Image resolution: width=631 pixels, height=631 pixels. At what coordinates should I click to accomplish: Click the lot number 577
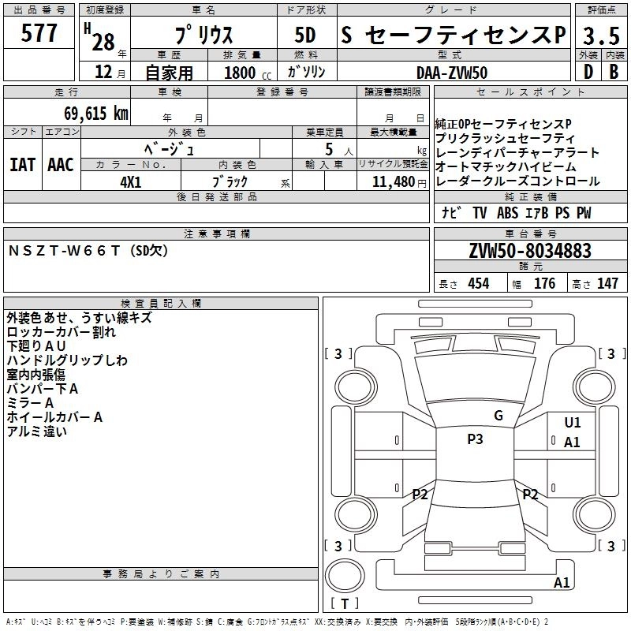[x=39, y=34]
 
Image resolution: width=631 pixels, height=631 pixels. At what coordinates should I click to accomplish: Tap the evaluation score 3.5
[x=599, y=35]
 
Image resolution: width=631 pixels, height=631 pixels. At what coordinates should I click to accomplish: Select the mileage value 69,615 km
[x=91, y=114]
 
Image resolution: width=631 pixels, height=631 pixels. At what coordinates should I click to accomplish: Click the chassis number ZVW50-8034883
[x=529, y=252]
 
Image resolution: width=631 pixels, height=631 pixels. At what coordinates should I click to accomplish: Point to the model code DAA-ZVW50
[x=452, y=73]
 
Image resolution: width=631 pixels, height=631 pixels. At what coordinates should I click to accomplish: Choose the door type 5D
[x=305, y=35]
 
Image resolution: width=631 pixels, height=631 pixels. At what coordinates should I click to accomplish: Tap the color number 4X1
[x=130, y=181]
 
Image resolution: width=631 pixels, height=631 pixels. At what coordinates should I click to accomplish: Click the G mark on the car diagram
[x=498, y=416]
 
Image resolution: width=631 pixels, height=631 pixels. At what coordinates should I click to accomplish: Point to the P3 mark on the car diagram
[x=474, y=439]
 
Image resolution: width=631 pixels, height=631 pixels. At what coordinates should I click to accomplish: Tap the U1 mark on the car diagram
[x=572, y=423]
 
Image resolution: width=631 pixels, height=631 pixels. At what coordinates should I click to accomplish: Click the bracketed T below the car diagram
[x=344, y=604]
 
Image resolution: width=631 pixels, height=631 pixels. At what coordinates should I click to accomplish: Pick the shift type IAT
[x=22, y=165]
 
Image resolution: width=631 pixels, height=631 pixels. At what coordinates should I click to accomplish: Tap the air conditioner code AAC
[x=60, y=165]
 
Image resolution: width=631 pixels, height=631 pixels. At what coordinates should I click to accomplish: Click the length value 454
[x=478, y=284]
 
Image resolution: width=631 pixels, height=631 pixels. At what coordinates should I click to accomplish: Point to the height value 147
[x=607, y=284]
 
